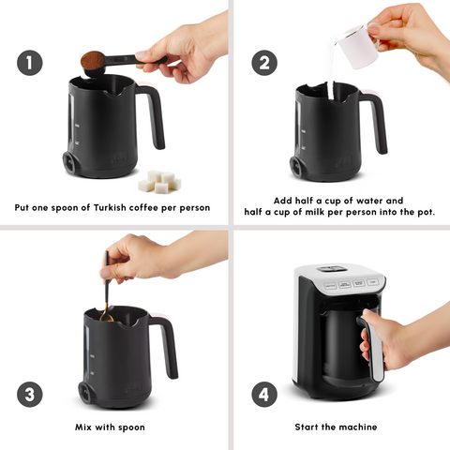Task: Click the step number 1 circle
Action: click(x=31, y=63)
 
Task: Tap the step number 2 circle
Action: click(x=263, y=63)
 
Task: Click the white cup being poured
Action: click(x=354, y=45)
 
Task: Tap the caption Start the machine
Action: click(x=336, y=427)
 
